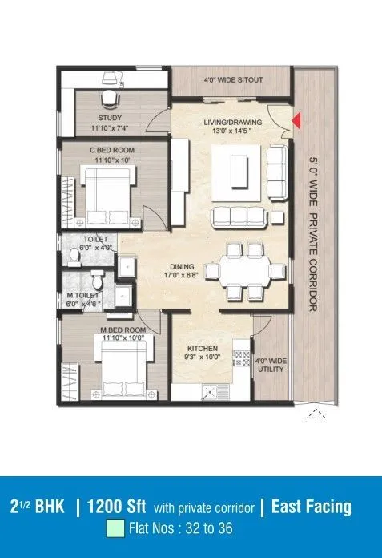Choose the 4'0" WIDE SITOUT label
pyautogui.click(x=233, y=80)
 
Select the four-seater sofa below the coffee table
pyautogui.click(x=239, y=216)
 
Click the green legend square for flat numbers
pyautogui.click(x=116, y=529)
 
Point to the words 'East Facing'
pyautogui.click(x=311, y=507)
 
